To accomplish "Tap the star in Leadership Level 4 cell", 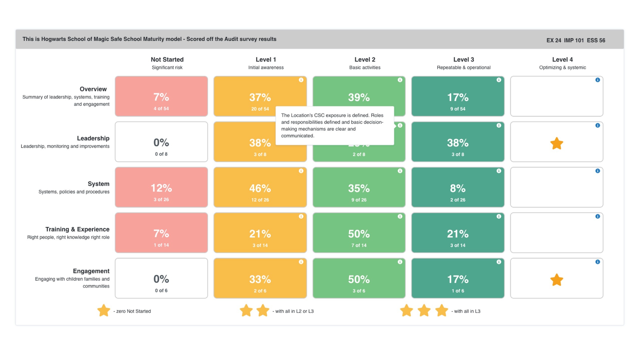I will coord(556,143).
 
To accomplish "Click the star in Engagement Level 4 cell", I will coord(556,280).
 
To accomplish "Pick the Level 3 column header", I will coord(463,60).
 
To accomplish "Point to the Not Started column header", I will coord(167,60).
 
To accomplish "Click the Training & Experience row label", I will coord(77,229).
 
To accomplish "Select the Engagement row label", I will coord(91,271).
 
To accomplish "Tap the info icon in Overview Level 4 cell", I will coord(597,80).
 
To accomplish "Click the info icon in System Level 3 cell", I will coord(499,171).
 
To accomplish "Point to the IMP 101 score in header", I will coord(574,40).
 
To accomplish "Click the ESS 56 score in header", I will coord(596,40).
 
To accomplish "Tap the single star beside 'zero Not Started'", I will coord(104,311).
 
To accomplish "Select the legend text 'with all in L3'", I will coord(467,311).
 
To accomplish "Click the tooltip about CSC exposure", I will coord(335,126).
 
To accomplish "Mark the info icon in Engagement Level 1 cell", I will coord(301,262).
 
